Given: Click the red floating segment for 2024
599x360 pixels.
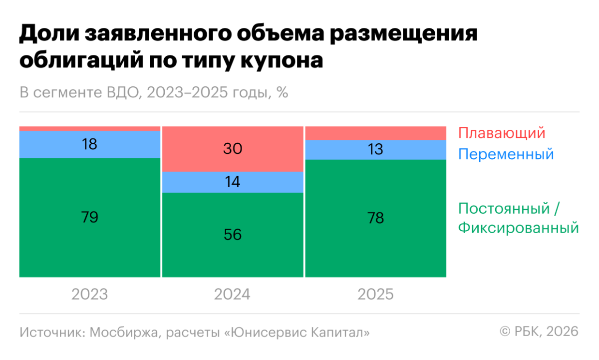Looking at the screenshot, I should tap(233, 149).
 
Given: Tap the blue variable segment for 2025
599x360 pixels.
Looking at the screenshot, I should tap(375, 150).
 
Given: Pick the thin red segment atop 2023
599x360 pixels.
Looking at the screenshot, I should tap(90, 129).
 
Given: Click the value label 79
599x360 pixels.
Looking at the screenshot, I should tap(90, 217).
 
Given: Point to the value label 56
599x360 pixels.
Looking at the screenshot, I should tap(233, 234).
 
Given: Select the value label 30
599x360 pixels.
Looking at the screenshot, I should tap(233, 149).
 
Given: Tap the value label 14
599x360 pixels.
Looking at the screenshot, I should tap(233, 182).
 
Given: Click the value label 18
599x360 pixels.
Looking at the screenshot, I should tap(90, 144).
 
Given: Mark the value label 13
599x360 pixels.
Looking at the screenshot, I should tap(375, 150).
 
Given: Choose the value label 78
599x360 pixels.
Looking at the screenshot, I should tap(375, 218).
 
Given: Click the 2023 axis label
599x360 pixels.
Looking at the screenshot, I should tap(90, 295).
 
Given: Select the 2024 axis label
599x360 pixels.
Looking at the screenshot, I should tap(233, 295).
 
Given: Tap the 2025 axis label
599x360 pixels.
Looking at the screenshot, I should tap(375, 295).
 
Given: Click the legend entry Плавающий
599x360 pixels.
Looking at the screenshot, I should tap(501, 134).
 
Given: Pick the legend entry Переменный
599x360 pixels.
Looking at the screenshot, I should tap(506, 154).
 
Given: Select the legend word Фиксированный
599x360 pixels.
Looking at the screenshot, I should tap(518, 228).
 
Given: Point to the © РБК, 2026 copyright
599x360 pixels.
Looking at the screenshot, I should tap(539, 332).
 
